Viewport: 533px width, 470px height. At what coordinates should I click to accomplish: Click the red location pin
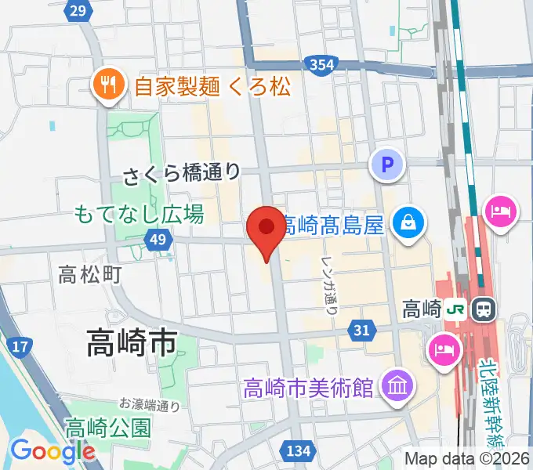266,228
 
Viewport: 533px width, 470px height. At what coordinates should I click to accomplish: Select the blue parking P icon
386,165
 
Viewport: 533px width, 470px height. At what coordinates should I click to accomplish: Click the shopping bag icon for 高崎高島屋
409,222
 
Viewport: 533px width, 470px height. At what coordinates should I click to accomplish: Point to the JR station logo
455,309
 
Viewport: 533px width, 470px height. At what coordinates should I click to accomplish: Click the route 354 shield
321,64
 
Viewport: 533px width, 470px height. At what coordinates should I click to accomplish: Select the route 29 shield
77,10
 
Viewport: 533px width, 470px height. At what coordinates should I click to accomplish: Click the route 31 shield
361,331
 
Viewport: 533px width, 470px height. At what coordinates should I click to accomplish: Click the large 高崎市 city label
130,343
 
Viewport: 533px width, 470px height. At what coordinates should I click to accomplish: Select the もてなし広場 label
139,212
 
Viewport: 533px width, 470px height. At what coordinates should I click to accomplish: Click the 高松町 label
90,274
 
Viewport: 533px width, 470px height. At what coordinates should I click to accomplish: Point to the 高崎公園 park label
107,428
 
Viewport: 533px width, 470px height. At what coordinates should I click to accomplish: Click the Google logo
53,451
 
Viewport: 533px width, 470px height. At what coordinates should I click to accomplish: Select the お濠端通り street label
150,405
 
